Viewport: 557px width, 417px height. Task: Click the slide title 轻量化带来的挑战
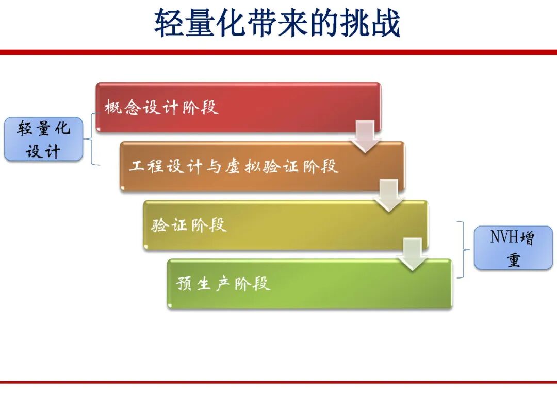[277, 23]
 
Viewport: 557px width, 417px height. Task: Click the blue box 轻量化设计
[43, 139]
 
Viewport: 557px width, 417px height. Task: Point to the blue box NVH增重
[513, 248]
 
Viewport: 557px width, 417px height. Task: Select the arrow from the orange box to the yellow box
[389, 196]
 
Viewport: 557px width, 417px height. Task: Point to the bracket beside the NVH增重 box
[464, 250]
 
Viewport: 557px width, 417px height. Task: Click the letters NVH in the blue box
[504, 237]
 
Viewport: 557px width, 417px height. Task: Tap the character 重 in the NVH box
[514, 260]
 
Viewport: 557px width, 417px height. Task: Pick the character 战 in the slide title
[386, 23]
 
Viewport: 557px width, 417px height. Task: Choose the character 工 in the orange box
[136, 166]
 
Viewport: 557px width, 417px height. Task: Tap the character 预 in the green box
[184, 284]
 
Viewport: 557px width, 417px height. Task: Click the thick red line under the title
[278, 53]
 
